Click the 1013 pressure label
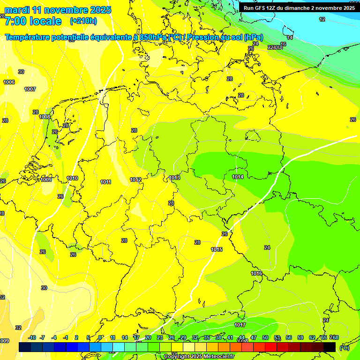[175, 178]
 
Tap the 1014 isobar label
[238, 177]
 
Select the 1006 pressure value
[9, 82]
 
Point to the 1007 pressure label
[30, 89]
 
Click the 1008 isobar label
[45, 117]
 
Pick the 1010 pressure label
[72, 178]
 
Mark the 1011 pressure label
[105, 182]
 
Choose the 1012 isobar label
[136, 180]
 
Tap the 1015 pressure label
[217, 249]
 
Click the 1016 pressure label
[256, 273]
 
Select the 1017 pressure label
[240, 325]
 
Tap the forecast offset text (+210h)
[83, 21]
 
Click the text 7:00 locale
[33, 21]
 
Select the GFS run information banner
[299, 7]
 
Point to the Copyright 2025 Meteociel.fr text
[199, 356]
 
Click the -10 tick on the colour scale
[32, 337]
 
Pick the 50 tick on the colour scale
[265, 337]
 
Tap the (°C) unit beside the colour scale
[344, 347]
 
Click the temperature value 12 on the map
[322, 19]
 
